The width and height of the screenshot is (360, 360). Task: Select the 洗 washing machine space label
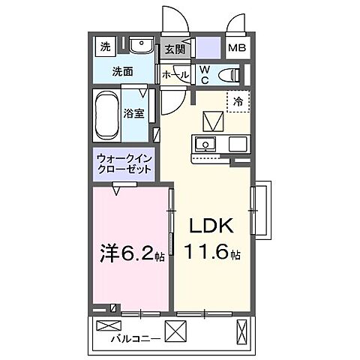click(x=105, y=46)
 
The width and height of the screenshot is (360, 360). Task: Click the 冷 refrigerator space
click(x=238, y=101)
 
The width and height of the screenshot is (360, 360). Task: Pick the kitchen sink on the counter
click(x=204, y=144)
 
